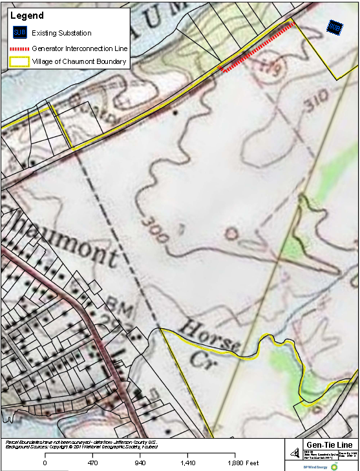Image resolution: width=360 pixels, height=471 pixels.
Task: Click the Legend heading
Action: (x=27, y=16)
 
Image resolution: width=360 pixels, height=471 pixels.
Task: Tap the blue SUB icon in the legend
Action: (x=19, y=33)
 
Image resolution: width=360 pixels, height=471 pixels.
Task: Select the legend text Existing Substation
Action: (x=61, y=33)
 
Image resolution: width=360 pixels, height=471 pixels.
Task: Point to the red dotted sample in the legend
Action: (x=19, y=48)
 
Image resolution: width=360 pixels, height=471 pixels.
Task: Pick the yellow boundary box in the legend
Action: (x=19, y=62)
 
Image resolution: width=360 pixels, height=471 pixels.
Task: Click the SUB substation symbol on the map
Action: (x=334, y=27)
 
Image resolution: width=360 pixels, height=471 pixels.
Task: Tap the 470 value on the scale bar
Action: (x=92, y=463)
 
